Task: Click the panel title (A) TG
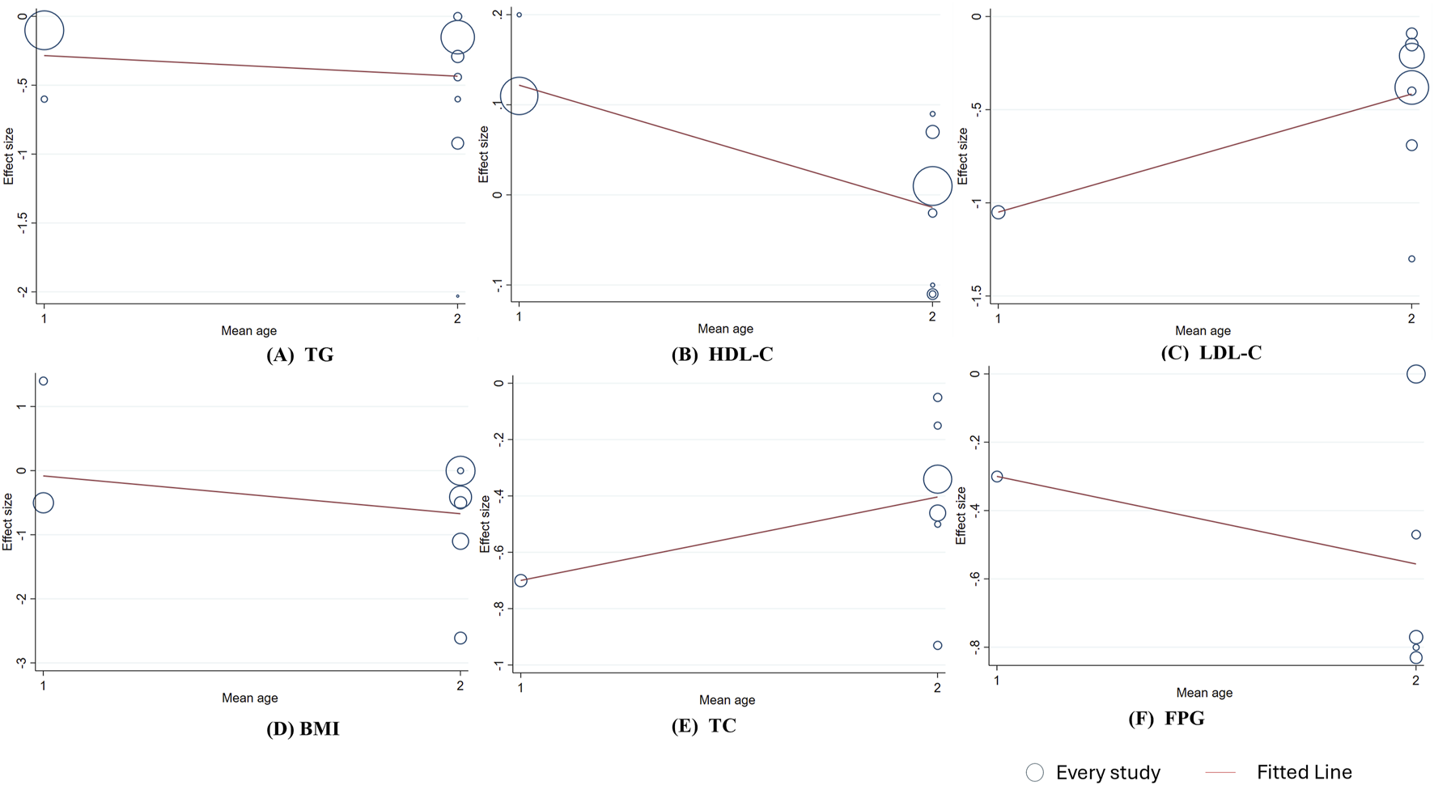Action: pyautogui.click(x=299, y=355)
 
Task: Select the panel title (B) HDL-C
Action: pyautogui.click(x=722, y=354)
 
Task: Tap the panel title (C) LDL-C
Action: pyautogui.click(x=1211, y=353)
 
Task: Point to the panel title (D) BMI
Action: pyautogui.click(x=303, y=729)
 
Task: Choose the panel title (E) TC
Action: pyautogui.click(x=703, y=726)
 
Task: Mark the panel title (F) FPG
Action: pyautogui.click(x=1166, y=719)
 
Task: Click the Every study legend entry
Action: pyautogui.click(x=1092, y=772)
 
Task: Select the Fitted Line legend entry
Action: pyautogui.click(x=1279, y=772)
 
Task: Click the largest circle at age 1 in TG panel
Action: pyautogui.click(x=44, y=31)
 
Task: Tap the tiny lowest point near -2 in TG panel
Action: pyautogui.click(x=457, y=296)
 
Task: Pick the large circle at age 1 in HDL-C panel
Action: pyautogui.click(x=519, y=96)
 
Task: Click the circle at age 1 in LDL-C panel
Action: pyautogui.click(x=998, y=212)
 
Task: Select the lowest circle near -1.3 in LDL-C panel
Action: pyautogui.click(x=1411, y=259)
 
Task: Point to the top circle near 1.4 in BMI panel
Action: pyautogui.click(x=44, y=381)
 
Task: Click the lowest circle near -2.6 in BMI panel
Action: pyautogui.click(x=460, y=638)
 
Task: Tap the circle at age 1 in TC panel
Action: pyautogui.click(x=520, y=580)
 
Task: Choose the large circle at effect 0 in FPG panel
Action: pyautogui.click(x=1415, y=374)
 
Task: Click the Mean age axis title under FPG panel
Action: pyautogui.click(x=1203, y=693)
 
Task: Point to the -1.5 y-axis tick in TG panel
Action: pyautogui.click(x=23, y=223)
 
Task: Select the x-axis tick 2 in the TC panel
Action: pyautogui.click(x=937, y=688)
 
